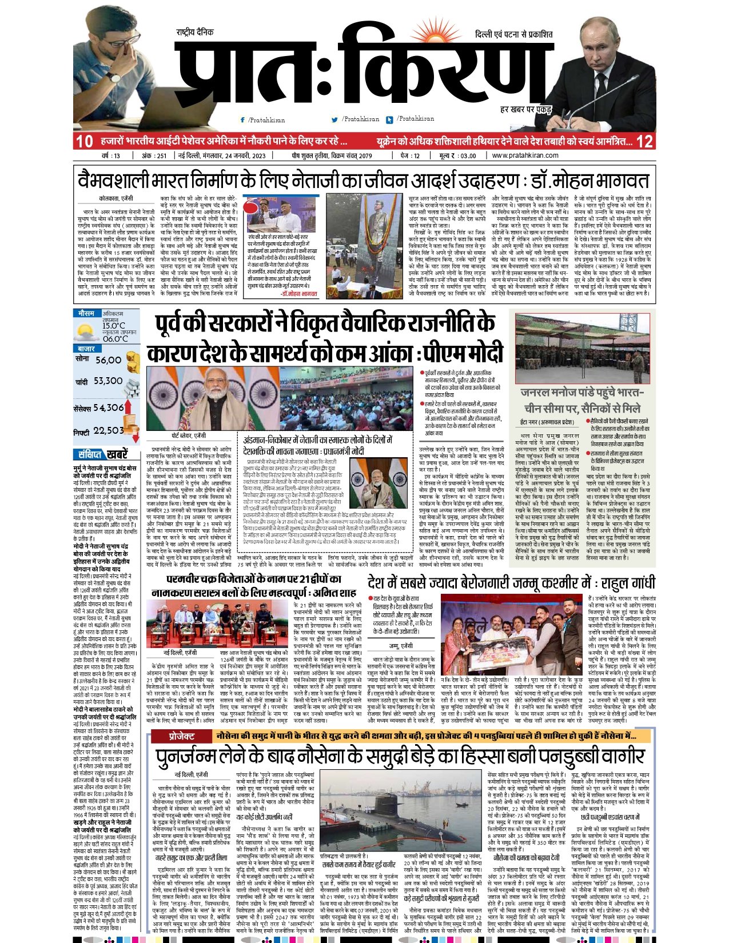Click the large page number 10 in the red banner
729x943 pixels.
[x=84, y=141]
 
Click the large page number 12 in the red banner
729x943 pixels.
[x=644, y=141]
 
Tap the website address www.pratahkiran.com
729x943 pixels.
[x=525, y=155]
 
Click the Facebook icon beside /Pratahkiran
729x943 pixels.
[x=243, y=120]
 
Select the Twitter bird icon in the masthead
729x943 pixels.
[x=335, y=119]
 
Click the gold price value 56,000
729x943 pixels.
[x=109, y=360]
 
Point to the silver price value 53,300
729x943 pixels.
[x=108, y=381]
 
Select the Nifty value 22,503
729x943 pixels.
[x=108, y=430]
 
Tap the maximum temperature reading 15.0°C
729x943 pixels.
[x=114, y=326]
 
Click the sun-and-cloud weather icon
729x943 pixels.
[x=86, y=331]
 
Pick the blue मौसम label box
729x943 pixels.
[x=86, y=314]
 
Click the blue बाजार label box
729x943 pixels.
[x=86, y=348]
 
